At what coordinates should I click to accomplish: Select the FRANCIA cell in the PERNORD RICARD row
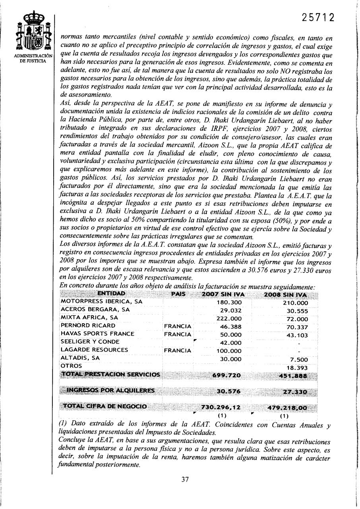coord(178,326)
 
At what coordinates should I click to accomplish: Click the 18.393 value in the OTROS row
coord(297,368)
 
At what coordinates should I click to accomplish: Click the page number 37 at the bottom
coord(185,479)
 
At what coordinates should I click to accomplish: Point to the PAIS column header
coord(178,294)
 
